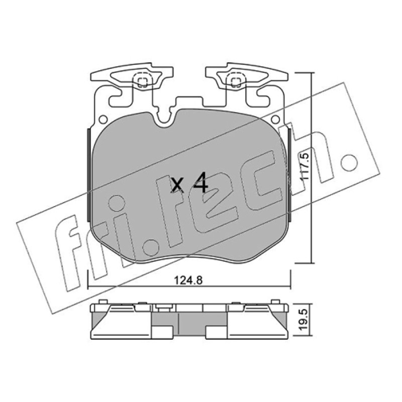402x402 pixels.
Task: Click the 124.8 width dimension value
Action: point(188,280)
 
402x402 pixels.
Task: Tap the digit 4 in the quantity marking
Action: point(200,182)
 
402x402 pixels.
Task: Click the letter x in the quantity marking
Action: point(178,185)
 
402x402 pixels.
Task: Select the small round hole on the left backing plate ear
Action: point(103,119)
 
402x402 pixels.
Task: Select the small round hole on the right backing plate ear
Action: point(275,119)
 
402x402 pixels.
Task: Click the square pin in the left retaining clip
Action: point(142,82)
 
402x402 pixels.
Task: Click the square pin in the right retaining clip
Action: point(236,82)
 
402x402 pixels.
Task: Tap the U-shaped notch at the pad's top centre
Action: point(164,120)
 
